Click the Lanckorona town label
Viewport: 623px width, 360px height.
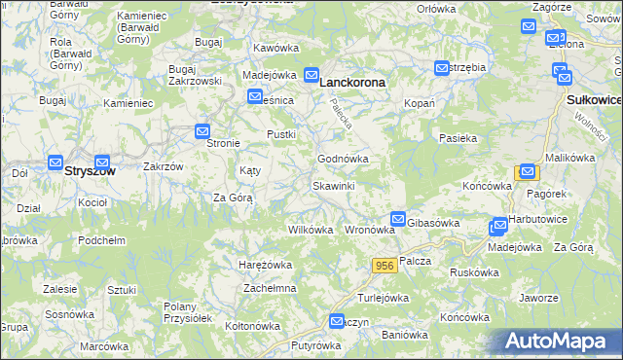tap(352, 84)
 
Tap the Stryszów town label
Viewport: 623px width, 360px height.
tap(90, 170)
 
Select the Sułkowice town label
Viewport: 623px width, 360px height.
tap(593, 100)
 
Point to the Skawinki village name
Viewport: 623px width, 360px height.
tap(333, 186)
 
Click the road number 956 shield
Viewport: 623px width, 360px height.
tap(384, 265)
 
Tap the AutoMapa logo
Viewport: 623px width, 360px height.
tap(563, 342)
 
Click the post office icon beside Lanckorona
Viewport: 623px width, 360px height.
tap(311, 74)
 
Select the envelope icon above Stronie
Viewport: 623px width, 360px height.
tap(202, 131)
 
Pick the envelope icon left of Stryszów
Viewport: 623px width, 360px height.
tap(55, 163)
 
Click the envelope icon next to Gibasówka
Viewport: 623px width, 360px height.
tap(397, 221)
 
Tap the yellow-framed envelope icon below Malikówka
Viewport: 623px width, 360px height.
tap(528, 172)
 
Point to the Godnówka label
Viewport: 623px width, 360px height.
tap(343, 159)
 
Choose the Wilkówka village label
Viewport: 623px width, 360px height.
tap(311, 231)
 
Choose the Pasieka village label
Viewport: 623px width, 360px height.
tap(458, 139)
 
